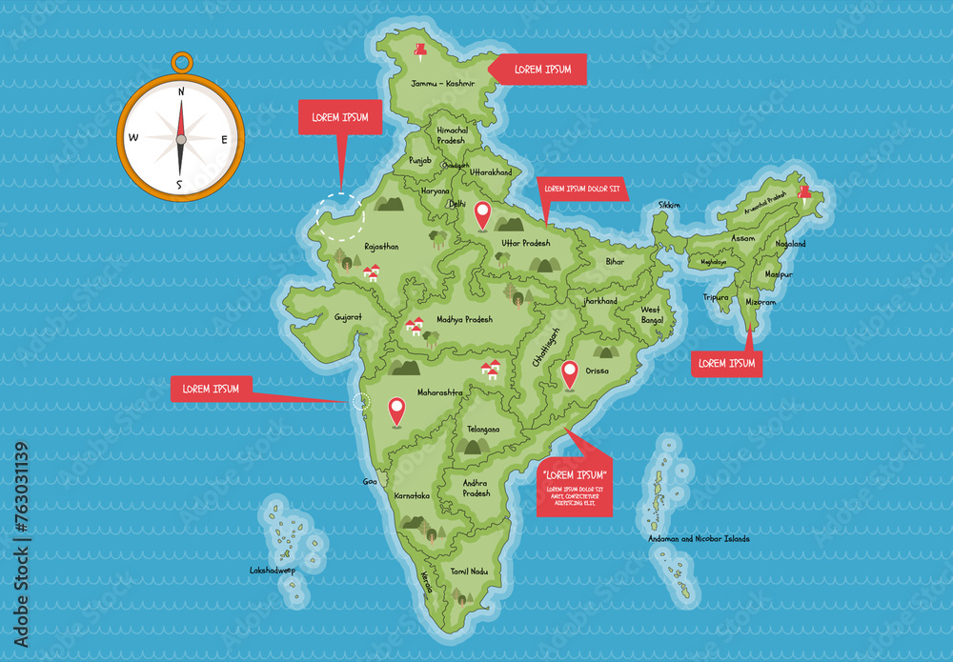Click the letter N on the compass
tap(180, 91)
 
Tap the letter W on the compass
tap(133, 138)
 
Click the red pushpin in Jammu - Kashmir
tap(420, 49)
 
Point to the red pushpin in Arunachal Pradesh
tap(805, 194)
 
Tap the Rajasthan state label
tap(381, 246)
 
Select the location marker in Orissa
tap(570, 373)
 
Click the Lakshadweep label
tap(273, 571)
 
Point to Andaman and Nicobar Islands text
tap(699, 539)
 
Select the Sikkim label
tap(669, 205)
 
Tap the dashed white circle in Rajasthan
tap(341, 217)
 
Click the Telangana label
tap(483, 429)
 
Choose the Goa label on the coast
tap(370, 482)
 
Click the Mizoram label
tap(760, 302)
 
